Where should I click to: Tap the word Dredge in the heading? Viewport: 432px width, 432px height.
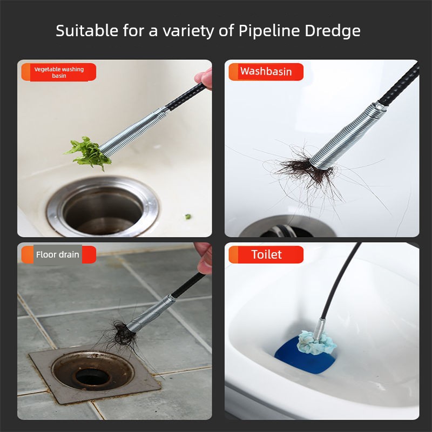[x=333, y=31]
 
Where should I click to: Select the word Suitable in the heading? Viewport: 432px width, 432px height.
[x=87, y=30]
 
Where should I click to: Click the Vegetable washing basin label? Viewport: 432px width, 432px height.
[x=59, y=72]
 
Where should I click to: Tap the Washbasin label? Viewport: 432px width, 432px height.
[x=266, y=72]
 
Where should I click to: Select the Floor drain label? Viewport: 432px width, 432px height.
[x=59, y=254]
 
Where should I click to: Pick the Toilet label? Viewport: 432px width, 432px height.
[x=266, y=254]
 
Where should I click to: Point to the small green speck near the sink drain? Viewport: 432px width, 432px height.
[x=188, y=217]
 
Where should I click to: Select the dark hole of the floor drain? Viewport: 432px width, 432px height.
[x=93, y=377]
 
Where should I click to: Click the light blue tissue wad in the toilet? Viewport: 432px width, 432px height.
[x=317, y=342]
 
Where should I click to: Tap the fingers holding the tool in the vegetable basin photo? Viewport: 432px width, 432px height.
[x=204, y=78]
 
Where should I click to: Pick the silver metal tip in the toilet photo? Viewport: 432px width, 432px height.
[x=320, y=329]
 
